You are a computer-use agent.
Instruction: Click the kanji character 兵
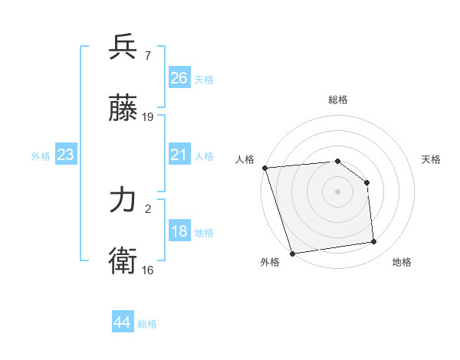123,47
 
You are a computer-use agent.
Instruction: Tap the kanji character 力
123,201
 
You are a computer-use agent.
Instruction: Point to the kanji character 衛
123,261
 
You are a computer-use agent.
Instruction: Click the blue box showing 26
179,78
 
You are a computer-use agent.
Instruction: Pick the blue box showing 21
179,155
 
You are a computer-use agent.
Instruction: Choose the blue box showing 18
179,231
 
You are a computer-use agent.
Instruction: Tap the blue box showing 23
65,155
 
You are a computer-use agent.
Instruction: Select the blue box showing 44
122,322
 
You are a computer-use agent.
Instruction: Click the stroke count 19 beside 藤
148,117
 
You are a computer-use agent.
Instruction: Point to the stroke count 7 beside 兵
147,56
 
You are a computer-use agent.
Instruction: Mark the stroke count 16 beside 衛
148,270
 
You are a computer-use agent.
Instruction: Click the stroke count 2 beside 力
147,209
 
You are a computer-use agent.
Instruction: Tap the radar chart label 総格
338,100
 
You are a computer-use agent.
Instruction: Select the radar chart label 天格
431,159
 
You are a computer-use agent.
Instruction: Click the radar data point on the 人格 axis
264,168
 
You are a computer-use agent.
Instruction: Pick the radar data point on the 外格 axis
292,253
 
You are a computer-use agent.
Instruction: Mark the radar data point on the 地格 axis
374,242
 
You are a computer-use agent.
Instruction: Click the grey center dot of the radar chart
338,191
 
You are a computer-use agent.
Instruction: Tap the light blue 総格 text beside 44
147,324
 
